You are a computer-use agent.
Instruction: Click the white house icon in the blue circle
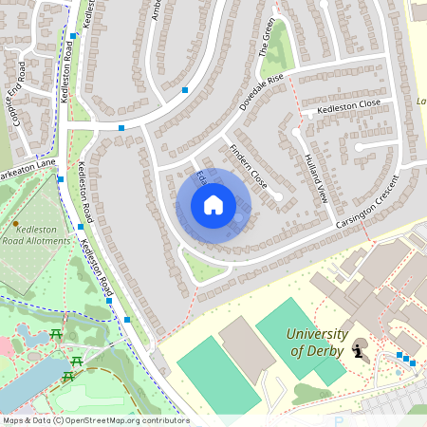213,205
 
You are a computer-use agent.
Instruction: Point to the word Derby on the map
315,351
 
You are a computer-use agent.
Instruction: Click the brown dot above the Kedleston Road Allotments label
15,224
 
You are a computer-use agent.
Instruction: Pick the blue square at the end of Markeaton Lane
61,178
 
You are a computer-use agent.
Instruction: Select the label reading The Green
268,38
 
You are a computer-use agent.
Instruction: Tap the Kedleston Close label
350,104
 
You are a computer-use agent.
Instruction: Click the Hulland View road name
316,178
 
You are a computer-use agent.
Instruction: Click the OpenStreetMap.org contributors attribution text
128,420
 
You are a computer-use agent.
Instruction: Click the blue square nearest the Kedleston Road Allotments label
81,226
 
